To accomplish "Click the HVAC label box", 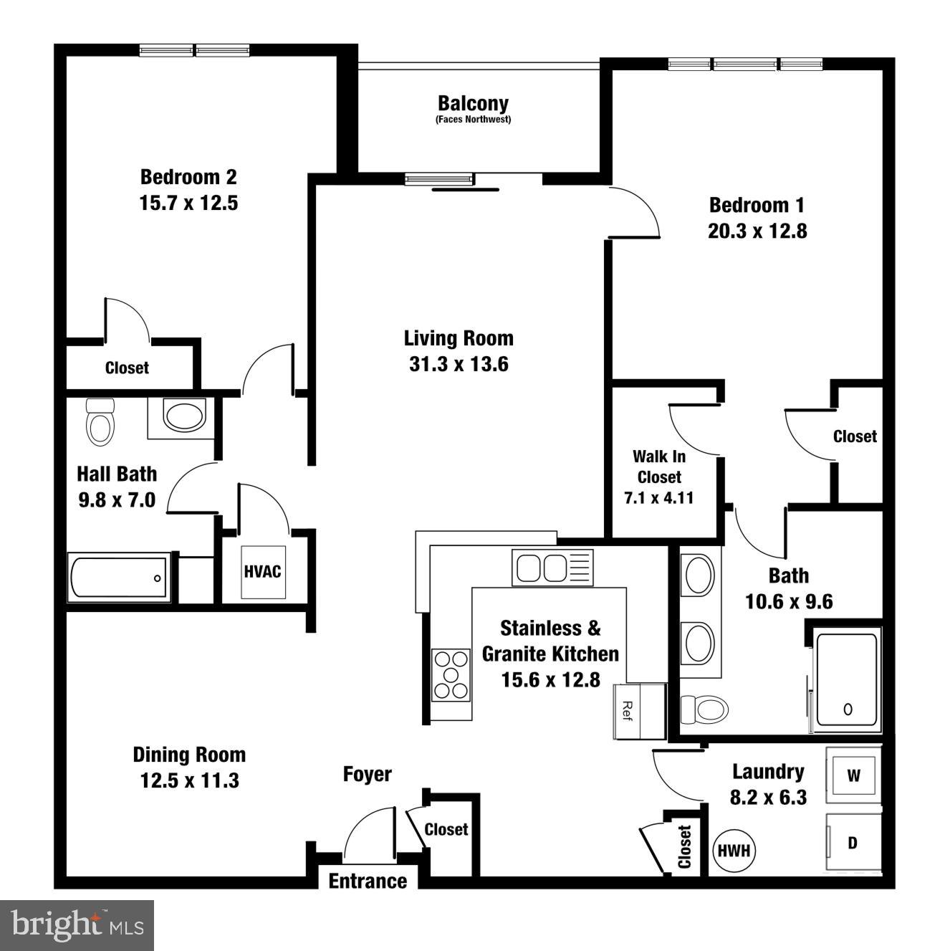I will coord(263,572).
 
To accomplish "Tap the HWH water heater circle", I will coord(734,850).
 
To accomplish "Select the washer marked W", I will coord(853,775).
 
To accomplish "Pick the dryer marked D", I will coord(853,843).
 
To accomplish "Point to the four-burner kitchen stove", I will coord(451,674).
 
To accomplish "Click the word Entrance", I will coord(368,881).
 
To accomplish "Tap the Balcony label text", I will coord(473,104).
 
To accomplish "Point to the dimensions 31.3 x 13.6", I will coord(459,364).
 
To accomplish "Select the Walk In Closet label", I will coord(659,467).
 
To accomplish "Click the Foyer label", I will coord(367,774).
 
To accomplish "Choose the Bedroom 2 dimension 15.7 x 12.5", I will coord(188,203).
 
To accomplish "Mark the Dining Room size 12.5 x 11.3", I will coord(189,780).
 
